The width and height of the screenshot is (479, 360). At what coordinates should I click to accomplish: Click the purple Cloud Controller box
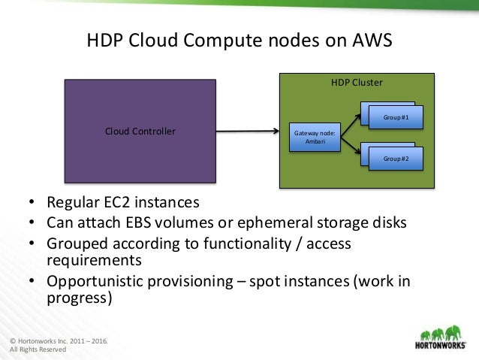140,132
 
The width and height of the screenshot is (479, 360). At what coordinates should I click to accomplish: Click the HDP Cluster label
357,83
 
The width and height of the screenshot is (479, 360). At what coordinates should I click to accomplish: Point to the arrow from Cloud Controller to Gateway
248,133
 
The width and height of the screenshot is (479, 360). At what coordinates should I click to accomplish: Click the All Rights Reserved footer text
38,349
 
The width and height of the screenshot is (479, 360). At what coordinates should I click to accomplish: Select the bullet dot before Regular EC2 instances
32,204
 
